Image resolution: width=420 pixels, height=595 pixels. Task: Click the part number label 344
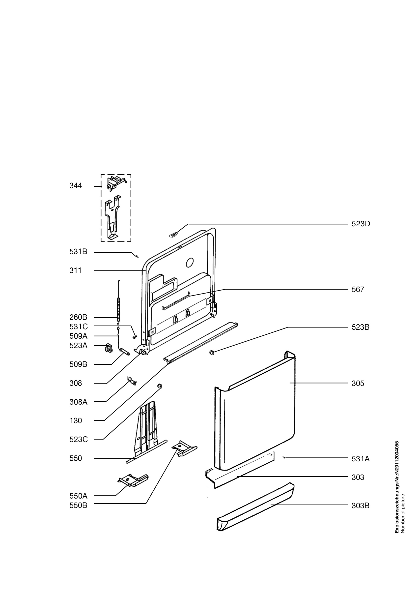76,186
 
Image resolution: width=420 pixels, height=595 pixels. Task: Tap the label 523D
361,224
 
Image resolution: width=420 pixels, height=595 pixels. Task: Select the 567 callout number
358,290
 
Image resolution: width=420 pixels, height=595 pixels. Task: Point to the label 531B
79,252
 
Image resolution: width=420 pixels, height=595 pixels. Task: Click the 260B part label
79,317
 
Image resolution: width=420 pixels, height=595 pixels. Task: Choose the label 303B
361,506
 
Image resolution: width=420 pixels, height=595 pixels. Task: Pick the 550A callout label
79,496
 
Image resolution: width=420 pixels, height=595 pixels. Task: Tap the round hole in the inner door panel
190,263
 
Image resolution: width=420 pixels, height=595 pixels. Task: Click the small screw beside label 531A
284,458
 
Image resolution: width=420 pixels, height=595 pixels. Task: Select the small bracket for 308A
132,381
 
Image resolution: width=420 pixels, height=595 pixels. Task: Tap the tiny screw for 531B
137,256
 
